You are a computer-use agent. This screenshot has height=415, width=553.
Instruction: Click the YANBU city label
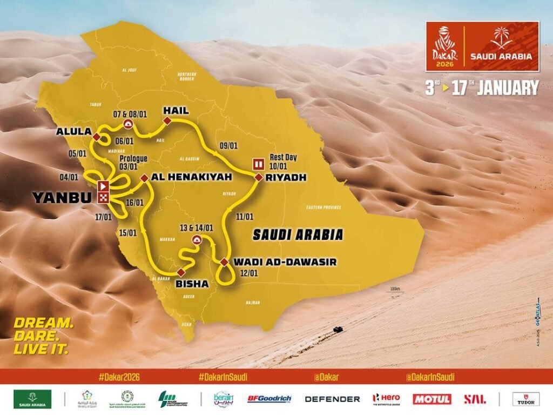62,198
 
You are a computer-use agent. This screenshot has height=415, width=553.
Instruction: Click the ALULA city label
72,131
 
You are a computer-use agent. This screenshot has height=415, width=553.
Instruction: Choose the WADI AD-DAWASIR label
285,262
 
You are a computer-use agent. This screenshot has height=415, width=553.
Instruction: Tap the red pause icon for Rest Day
259,164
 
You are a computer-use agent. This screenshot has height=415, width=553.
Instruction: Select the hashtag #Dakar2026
120,377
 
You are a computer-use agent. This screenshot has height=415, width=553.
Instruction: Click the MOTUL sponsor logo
432,399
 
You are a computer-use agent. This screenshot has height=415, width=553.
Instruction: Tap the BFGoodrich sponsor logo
269,399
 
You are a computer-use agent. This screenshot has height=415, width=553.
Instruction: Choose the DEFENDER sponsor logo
332,399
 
